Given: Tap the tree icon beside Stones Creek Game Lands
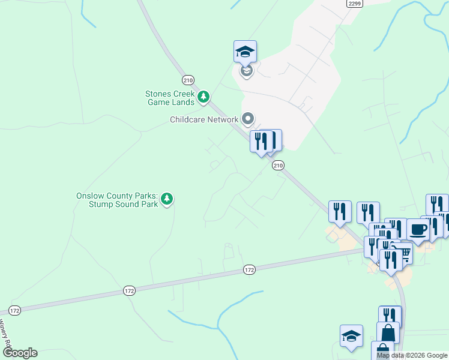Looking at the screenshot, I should (x=204, y=97).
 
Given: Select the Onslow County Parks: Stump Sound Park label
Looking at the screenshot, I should (x=117, y=200).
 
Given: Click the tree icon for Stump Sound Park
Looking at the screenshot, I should (x=167, y=199).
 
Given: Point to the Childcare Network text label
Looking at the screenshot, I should (x=204, y=119).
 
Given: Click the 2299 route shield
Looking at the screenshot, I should (x=354, y=3).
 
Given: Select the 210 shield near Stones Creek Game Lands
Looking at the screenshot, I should (x=188, y=80).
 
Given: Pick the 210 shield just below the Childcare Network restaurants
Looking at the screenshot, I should (x=277, y=165).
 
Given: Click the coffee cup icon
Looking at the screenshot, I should (x=418, y=229).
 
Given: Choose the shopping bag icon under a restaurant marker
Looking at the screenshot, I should (x=388, y=332).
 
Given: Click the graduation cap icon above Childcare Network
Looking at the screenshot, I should (x=245, y=51).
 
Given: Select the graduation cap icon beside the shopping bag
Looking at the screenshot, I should (x=351, y=336).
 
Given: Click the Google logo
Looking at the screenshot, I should (x=20, y=353).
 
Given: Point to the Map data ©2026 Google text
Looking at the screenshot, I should (x=412, y=355).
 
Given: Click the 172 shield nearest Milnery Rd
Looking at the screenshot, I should (x=14, y=310).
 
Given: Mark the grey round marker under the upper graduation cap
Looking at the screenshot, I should (x=246, y=71).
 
